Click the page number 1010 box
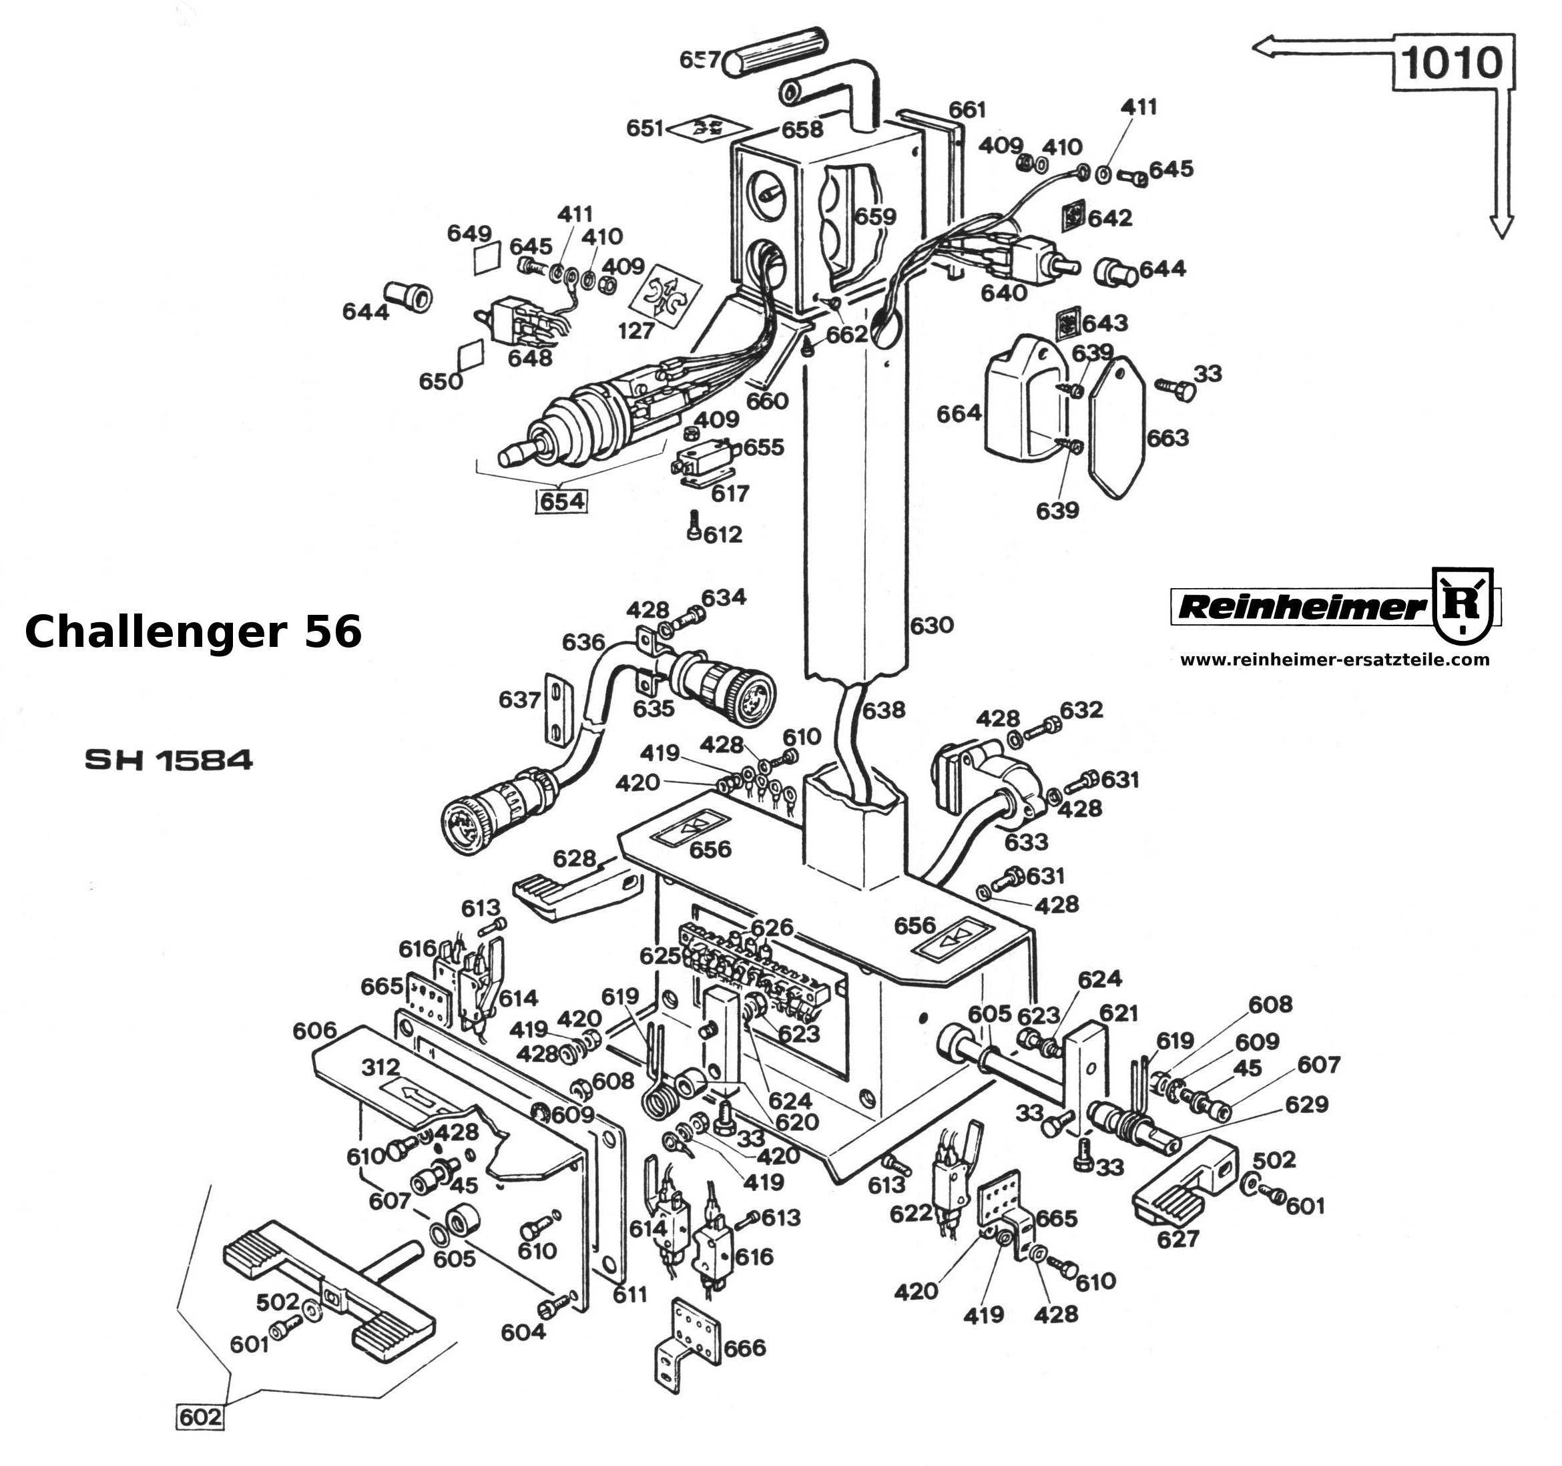tap(1452, 63)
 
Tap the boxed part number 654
tap(562, 501)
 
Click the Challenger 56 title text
tap(194, 632)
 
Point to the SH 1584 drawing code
tap(169, 760)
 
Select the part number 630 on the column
tap(931, 626)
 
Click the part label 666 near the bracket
tap(744, 1347)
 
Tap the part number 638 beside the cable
tap(884, 710)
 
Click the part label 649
tap(469, 234)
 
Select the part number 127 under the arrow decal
tap(635, 330)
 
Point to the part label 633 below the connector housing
tap(1026, 841)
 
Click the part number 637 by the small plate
tap(519, 698)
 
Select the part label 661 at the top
tap(967, 109)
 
